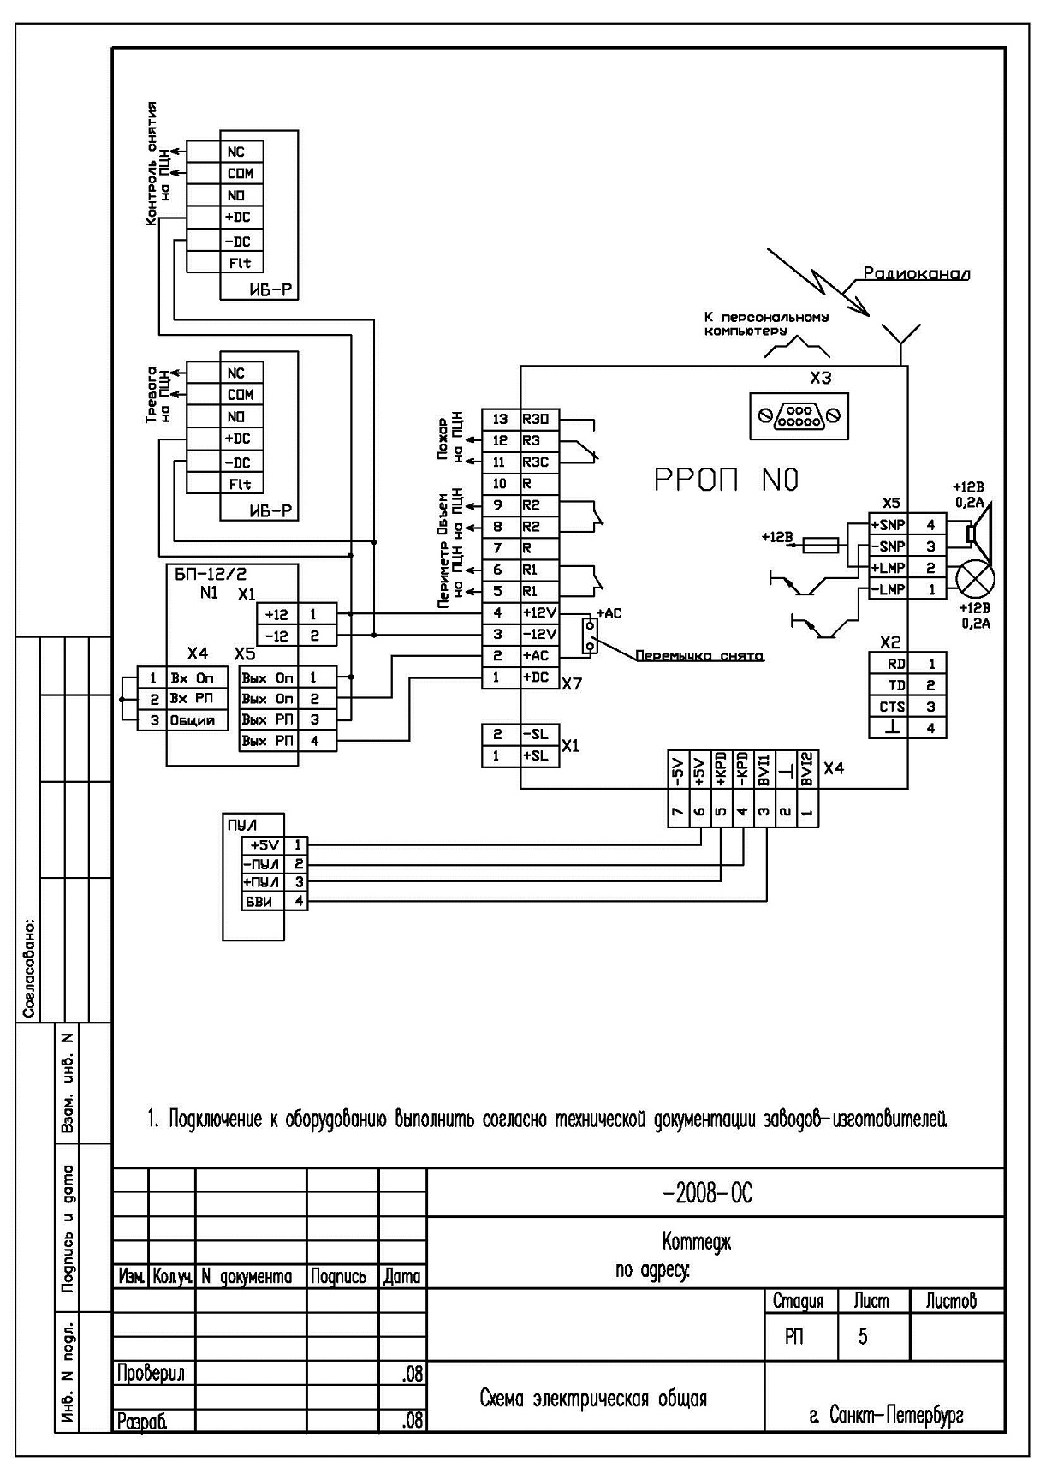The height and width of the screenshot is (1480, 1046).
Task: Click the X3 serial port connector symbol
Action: [x=799, y=416]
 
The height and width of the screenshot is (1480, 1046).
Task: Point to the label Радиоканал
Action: [x=916, y=274]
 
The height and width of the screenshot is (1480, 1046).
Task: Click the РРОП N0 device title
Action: [x=727, y=480]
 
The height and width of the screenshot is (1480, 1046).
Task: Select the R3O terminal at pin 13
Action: [x=540, y=419]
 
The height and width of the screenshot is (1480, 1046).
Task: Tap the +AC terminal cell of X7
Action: [x=540, y=656]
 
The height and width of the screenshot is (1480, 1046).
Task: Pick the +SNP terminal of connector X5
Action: [x=888, y=524]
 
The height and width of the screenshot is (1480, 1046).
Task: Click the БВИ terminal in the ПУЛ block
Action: [x=259, y=901]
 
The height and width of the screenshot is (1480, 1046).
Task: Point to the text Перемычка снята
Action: [x=699, y=656]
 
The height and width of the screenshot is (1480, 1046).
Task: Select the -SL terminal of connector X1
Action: [x=540, y=735]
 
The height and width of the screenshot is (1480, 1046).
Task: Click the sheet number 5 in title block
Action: [x=863, y=1336]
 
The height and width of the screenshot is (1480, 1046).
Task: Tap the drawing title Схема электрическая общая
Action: [x=593, y=1399]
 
